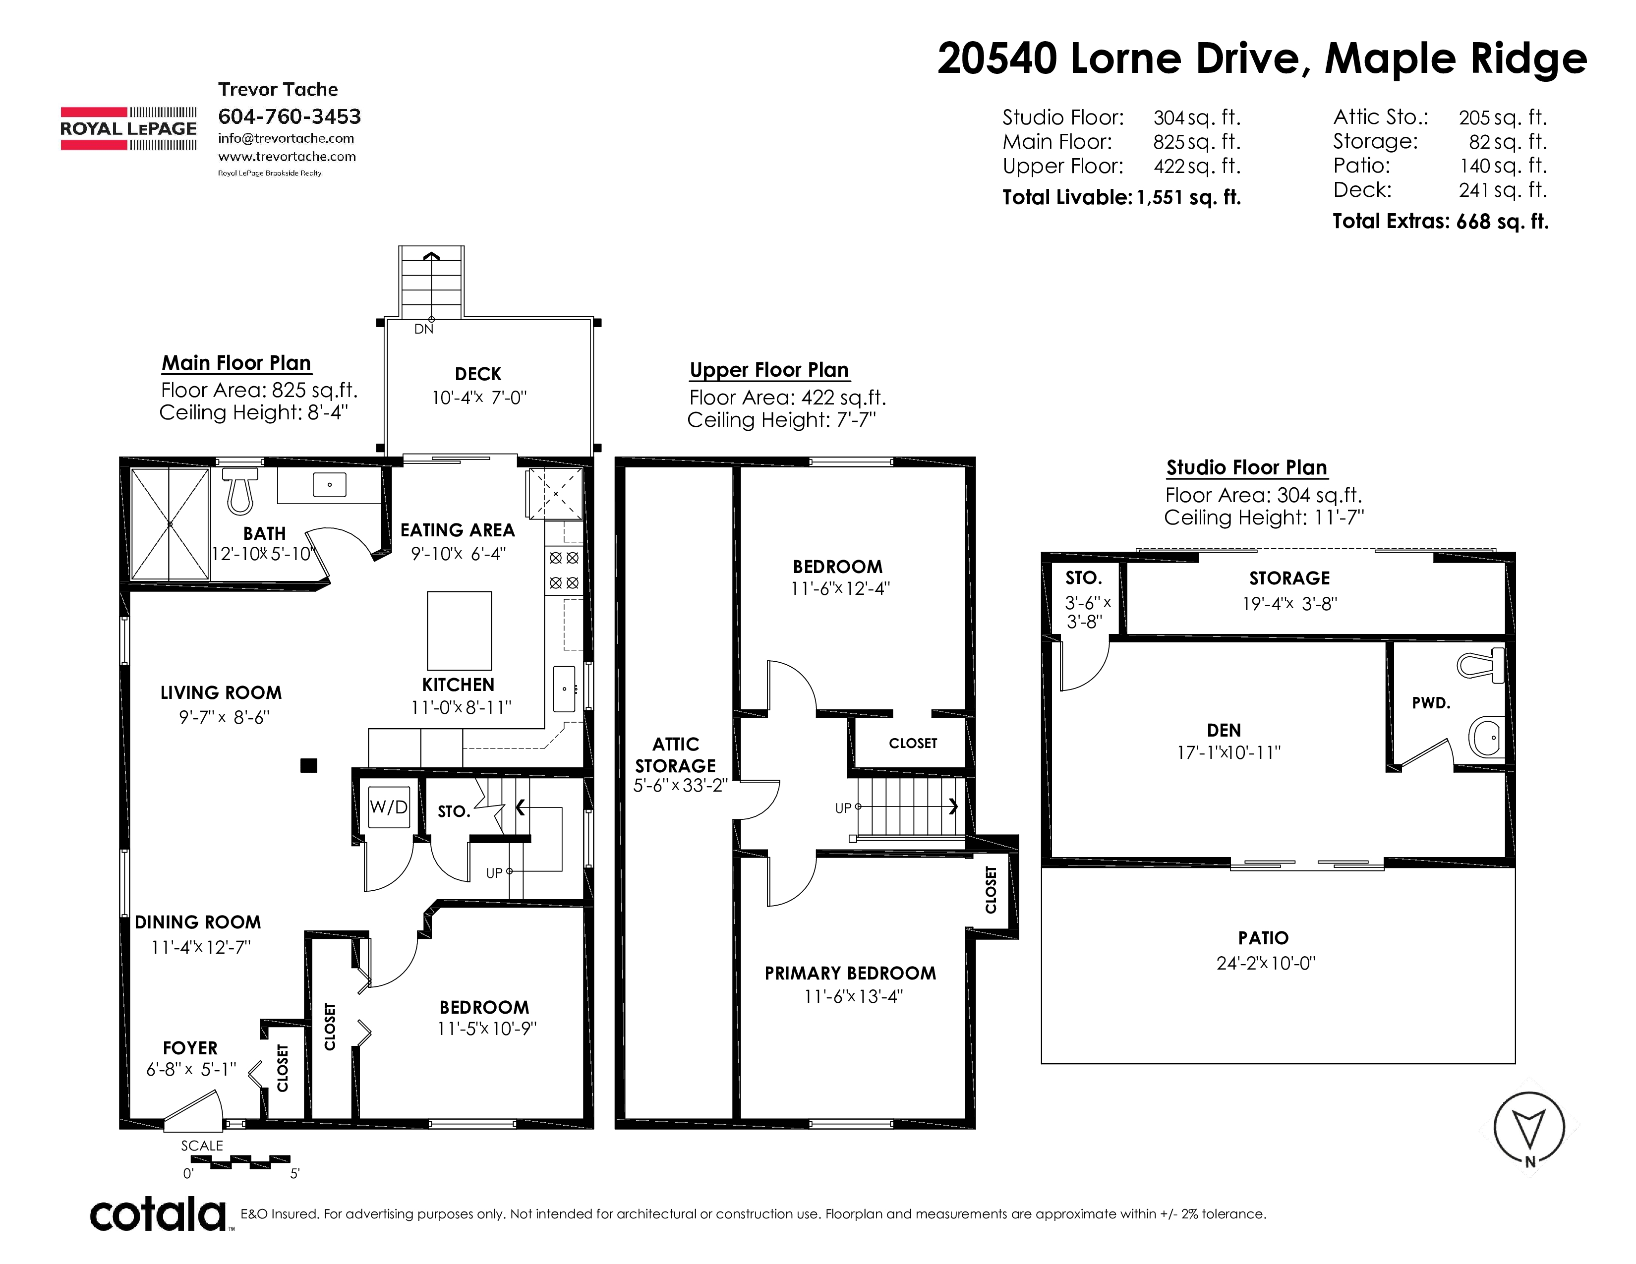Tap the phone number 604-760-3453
click(x=289, y=117)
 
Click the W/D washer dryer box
click(x=389, y=806)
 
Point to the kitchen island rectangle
click(x=459, y=631)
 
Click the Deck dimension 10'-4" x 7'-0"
click(x=479, y=398)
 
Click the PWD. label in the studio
click(x=1431, y=703)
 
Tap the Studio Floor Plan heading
click(x=1246, y=467)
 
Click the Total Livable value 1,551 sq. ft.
click(x=1189, y=198)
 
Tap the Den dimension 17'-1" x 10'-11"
click(x=1228, y=752)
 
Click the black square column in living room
click(x=309, y=765)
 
